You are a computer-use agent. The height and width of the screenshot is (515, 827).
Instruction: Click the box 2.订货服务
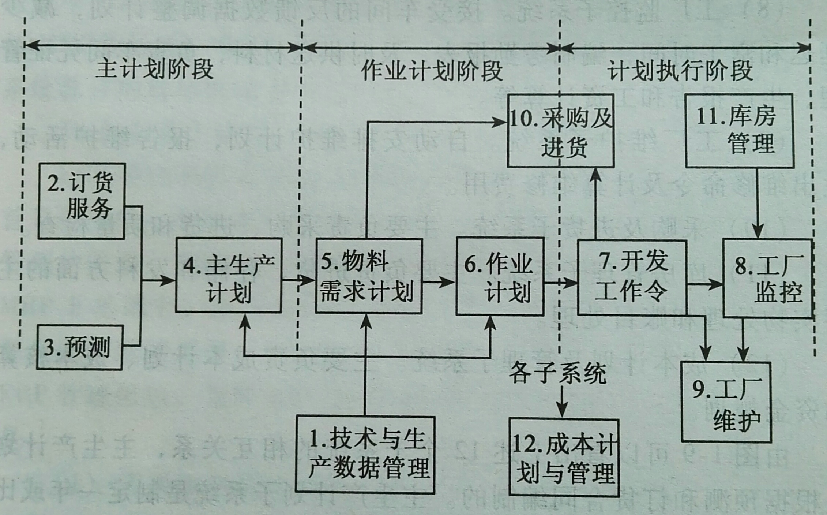(82, 201)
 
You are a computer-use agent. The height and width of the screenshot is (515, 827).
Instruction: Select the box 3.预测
(79, 347)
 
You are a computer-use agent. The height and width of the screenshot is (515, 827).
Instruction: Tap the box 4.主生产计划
(228, 275)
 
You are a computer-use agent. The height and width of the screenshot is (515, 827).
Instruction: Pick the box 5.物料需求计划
(368, 276)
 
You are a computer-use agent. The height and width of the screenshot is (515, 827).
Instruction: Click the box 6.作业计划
(500, 276)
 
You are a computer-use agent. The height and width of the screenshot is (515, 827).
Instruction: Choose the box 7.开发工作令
(632, 277)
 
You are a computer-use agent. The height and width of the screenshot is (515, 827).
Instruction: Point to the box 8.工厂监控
(768, 278)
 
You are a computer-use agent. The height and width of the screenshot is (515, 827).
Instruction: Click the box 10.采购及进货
(560, 131)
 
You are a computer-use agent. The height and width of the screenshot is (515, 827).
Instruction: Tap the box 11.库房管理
(739, 131)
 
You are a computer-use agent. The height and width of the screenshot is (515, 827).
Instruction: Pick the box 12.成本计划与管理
(564, 458)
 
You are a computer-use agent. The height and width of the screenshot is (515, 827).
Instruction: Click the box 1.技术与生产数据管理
(365, 454)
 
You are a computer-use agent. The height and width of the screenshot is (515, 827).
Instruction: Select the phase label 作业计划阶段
(432, 71)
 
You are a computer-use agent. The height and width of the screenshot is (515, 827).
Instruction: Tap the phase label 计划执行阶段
(680, 71)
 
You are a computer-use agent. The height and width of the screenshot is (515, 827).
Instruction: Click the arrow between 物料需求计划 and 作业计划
(438, 282)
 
